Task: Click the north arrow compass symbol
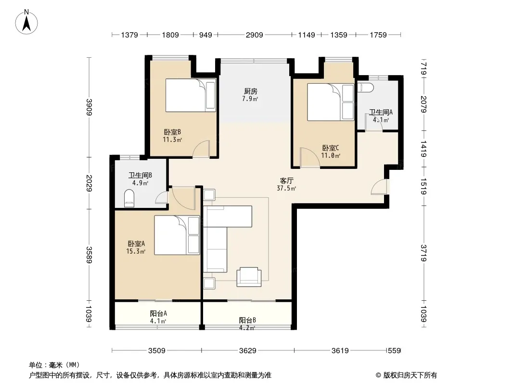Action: tap(26, 22)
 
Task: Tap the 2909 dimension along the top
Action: tap(254, 35)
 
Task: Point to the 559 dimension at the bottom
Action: tap(394, 351)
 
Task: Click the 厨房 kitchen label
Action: tap(250, 91)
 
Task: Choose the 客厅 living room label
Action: tap(286, 181)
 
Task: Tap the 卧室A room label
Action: tap(136, 244)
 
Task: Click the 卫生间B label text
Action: tap(140, 175)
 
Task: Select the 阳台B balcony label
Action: tap(247, 320)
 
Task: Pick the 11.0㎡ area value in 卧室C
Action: tap(331, 156)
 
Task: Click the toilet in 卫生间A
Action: tap(365, 87)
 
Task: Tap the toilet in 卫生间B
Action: tap(129, 199)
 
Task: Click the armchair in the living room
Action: tap(249, 277)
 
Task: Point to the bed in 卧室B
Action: tap(191, 95)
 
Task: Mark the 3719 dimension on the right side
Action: tap(423, 253)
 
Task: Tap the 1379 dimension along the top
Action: tap(129, 35)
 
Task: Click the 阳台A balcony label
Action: tap(158, 313)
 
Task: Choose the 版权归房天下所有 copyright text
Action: tap(410, 375)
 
